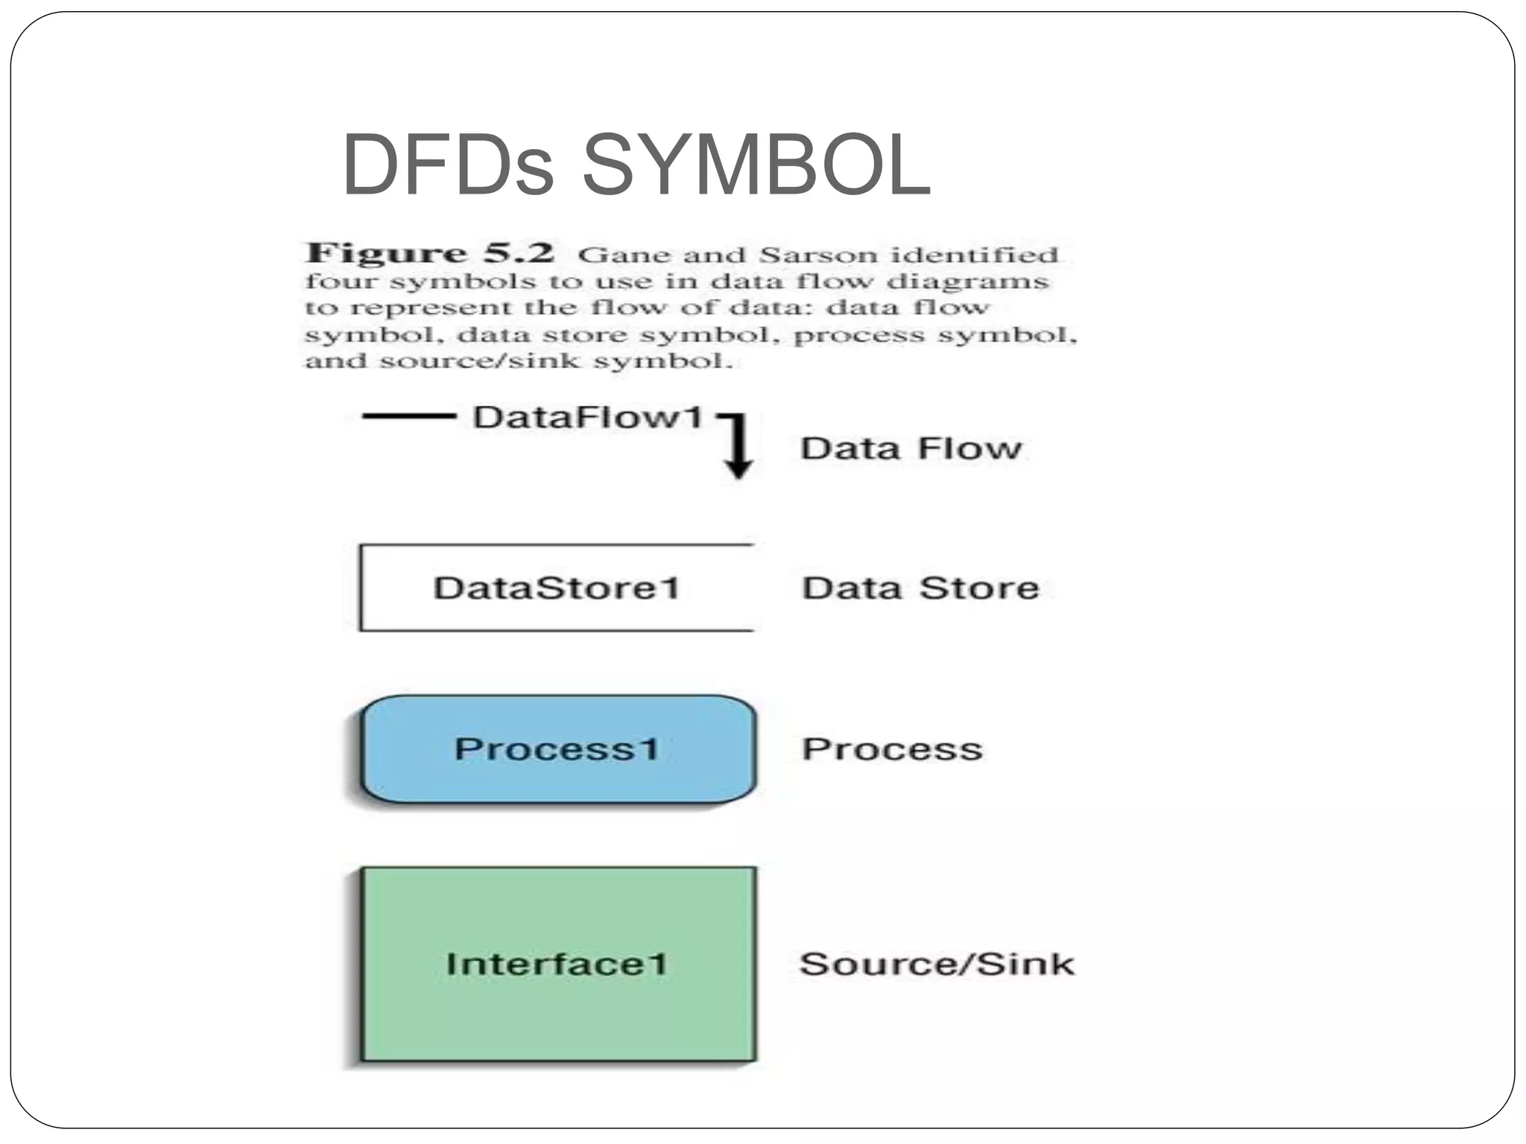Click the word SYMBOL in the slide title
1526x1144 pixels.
pos(756,165)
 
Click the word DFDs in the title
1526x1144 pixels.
pos(448,165)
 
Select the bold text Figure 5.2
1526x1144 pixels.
pos(431,253)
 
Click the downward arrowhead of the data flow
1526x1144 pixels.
pos(738,468)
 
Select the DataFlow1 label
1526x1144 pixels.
pos(588,417)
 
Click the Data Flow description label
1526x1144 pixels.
pos(910,448)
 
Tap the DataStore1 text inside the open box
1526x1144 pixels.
pos(557,588)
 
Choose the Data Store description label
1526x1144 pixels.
pos(920,588)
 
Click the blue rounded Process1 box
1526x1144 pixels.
pos(558,749)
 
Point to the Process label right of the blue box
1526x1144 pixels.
pos(892,749)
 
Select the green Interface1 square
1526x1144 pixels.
pos(558,964)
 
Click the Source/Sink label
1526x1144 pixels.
pos(937,965)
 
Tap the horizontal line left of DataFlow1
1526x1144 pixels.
pos(408,416)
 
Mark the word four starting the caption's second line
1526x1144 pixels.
pos(341,282)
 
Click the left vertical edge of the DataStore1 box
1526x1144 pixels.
pos(361,588)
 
